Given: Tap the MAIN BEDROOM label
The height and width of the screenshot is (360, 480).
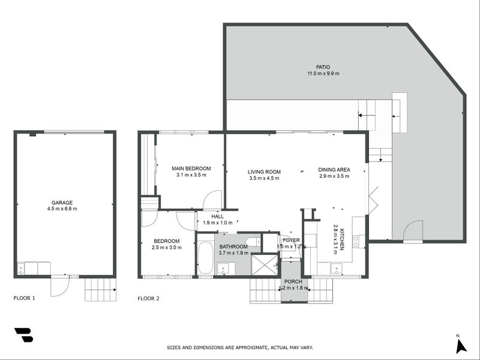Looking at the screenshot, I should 191,168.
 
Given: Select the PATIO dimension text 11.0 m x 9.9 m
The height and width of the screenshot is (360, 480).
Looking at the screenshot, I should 323,74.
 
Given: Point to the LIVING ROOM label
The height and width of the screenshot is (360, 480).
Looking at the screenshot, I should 264,172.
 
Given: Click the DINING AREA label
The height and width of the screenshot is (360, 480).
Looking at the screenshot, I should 334,169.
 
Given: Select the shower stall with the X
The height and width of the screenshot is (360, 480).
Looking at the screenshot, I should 264,265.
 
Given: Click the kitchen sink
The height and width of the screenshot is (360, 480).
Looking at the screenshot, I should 336,269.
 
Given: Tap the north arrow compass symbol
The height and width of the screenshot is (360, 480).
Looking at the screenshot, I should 460,344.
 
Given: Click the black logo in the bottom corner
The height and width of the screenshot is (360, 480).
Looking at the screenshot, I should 23,335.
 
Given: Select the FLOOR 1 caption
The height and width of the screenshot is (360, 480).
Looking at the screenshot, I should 25,298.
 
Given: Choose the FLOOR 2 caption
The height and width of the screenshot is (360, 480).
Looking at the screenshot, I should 149,298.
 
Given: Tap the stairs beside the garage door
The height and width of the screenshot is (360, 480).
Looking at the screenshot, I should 100,289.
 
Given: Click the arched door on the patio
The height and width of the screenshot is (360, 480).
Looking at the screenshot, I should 413,232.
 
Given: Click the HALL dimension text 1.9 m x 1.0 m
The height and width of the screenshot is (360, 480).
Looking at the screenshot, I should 217,223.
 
